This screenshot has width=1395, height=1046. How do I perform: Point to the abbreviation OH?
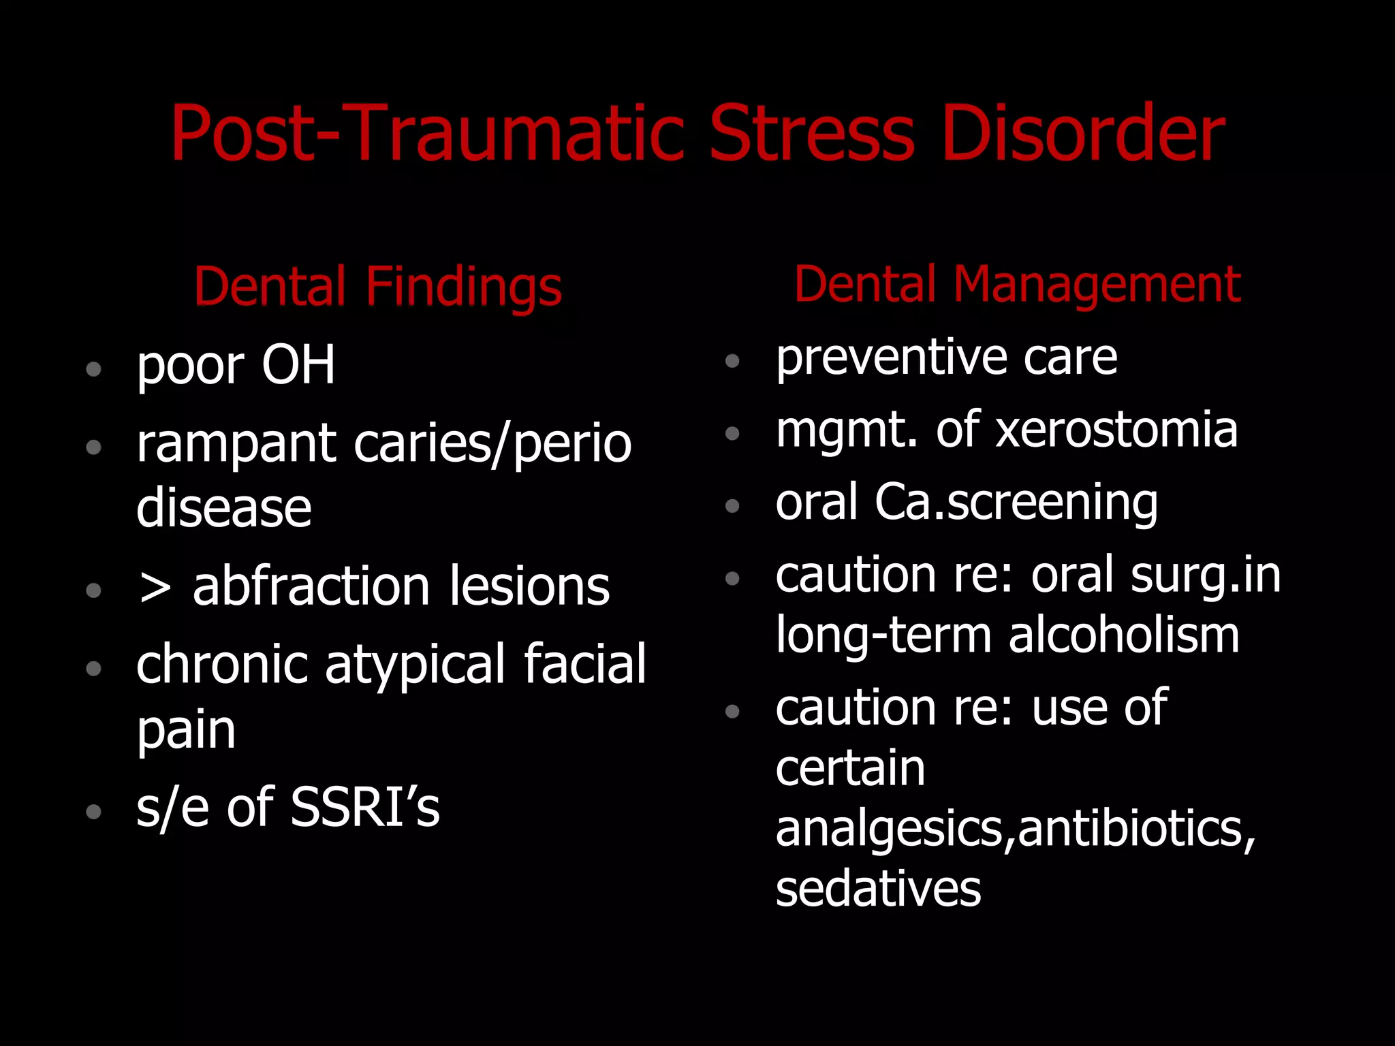298,365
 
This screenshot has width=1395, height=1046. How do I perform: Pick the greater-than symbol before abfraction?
155,587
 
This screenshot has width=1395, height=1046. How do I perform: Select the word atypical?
416,666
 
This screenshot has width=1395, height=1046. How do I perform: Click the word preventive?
891,358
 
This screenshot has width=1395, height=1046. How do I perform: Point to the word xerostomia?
1117,430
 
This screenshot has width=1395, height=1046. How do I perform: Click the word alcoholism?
1124,635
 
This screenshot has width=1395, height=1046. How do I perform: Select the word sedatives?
878,889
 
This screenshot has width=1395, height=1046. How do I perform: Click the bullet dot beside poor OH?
94,370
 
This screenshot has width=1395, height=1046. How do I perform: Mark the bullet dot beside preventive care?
732,361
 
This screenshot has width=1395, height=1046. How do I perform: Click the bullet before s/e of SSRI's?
94,812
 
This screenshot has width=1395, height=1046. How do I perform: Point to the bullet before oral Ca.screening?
732,506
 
